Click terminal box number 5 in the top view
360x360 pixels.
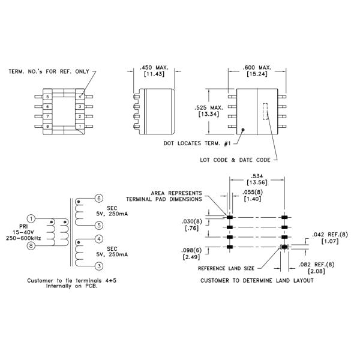(47, 97)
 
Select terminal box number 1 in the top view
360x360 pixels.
(80, 126)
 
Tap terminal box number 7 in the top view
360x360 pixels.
(47, 116)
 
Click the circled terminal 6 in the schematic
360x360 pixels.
(99, 198)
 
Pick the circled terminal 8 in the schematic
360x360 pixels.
(31, 246)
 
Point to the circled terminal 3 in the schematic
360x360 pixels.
(99, 266)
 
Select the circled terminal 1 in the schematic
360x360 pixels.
(31, 218)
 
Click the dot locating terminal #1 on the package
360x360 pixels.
(243, 130)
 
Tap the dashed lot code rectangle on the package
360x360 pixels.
(265, 112)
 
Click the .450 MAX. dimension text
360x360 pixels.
(154, 67)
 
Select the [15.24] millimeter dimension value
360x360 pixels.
(257, 74)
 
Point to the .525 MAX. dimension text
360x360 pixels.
(209, 107)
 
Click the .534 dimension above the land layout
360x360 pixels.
(257, 176)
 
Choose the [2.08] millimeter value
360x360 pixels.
(316, 271)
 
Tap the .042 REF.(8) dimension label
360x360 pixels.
(329, 235)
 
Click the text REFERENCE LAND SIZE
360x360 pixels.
(226, 268)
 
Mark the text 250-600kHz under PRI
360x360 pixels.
(23, 238)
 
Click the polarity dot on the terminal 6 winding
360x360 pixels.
(79, 202)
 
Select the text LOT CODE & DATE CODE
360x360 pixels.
(235, 160)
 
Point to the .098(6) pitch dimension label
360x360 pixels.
(191, 251)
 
